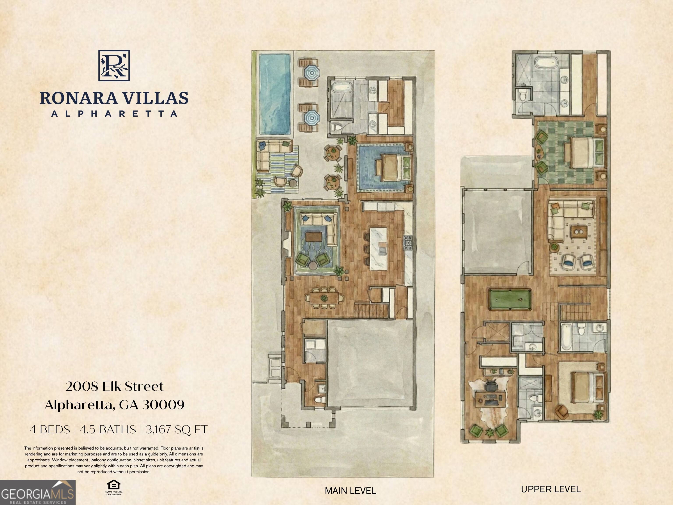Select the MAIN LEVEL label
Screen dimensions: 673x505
coord(351,491)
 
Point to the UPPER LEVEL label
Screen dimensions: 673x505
coord(551,489)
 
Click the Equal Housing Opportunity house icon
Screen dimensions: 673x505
coord(114,485)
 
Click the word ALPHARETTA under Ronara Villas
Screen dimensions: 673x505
coord(114,114)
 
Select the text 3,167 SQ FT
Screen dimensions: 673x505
coord(176,430)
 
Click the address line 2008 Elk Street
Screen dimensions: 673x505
coord(115,387)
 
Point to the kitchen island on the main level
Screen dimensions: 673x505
coord(379,249)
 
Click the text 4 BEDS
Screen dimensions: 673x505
coord(50,430)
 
